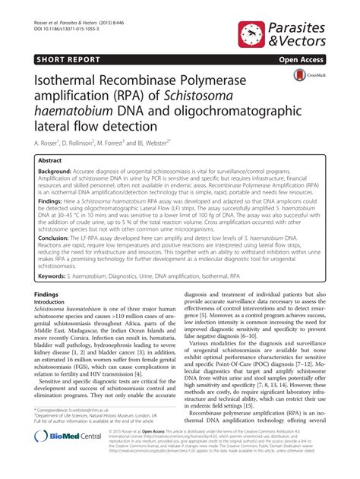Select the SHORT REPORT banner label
tap(62, 58)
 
